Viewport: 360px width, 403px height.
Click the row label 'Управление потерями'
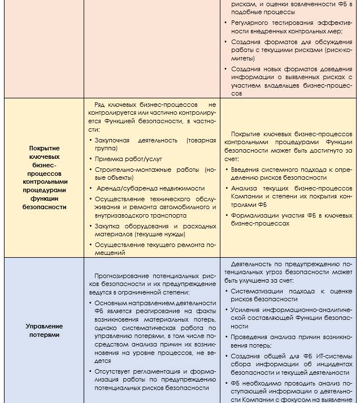(x=44, y=330)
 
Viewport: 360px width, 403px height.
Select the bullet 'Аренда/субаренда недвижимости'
(x=150, y=188)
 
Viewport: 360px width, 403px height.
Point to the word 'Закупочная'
(x=112, y=140)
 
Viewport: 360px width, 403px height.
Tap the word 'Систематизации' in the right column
(x=255, y=291)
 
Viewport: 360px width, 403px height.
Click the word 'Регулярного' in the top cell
(x=251, y=22)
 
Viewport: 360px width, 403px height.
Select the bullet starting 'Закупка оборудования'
(x=151, y=229)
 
